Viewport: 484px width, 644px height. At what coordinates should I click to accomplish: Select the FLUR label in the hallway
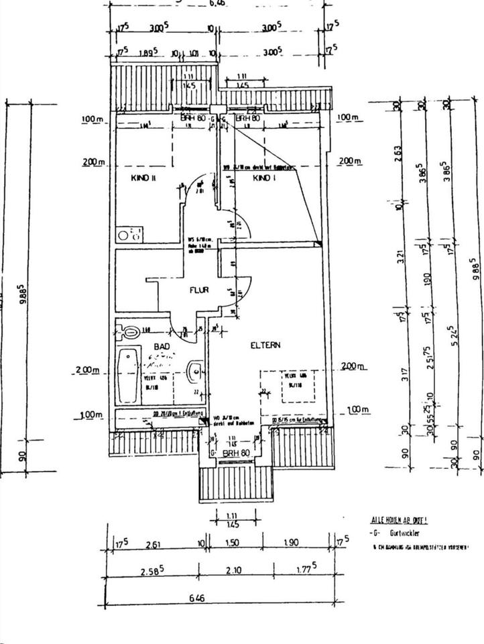tap(199, 290)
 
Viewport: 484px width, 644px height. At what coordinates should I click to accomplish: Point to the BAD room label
tap(162, 346)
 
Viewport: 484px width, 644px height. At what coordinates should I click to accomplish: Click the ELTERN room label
tap(265, 345)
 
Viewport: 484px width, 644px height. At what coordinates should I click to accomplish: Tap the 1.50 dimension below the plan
tap(231, 543)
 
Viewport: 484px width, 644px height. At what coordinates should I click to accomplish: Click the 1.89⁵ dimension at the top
tap(147, 51)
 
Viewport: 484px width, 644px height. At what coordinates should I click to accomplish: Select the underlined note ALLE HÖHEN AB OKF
tap(400, 520)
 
